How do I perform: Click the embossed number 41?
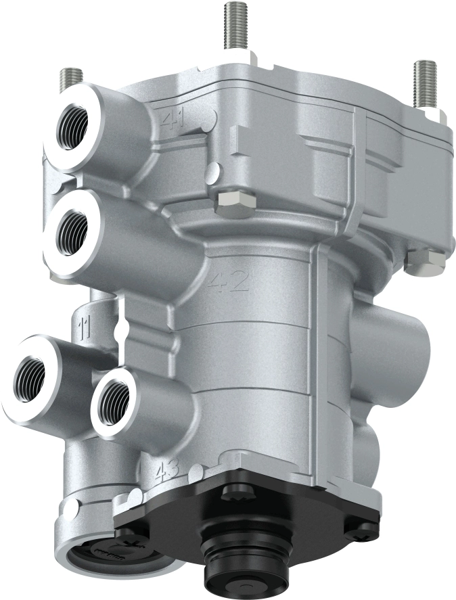click(175, 120)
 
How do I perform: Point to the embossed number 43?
click(163, 471)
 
